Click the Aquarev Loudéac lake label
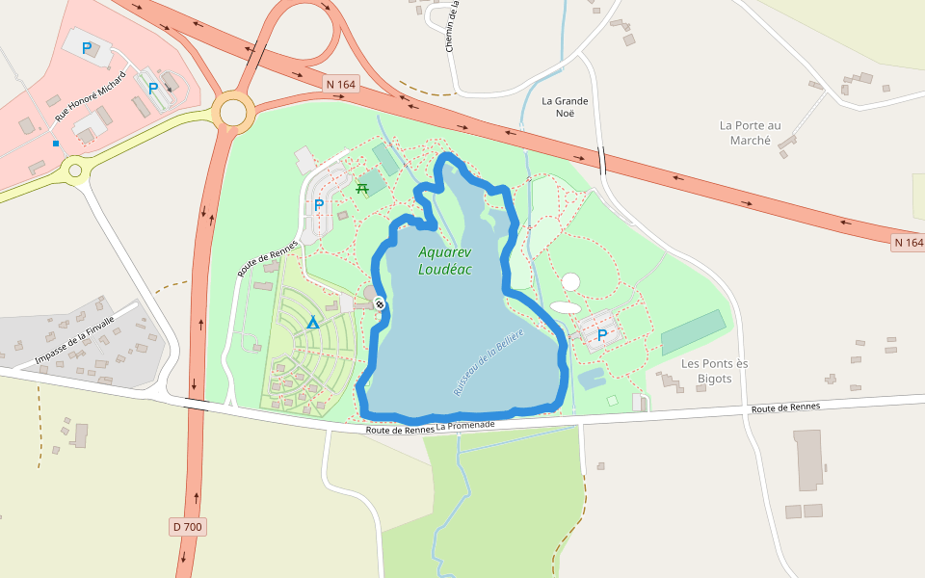[445, 261]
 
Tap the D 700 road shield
[189, 527]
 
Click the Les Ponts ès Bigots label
[714, 371]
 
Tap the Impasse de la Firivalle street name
[74, 340]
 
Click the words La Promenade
[465, 425]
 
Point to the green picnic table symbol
[362, 188]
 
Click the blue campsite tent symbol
[313, 322]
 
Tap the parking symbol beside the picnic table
[319, 204]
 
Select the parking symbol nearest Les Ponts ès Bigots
[602, 335]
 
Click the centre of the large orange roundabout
[233, 111]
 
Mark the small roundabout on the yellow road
[74, 171]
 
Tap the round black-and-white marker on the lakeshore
[380, 304]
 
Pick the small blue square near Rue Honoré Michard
[56, 144]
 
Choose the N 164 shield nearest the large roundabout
[341, 85]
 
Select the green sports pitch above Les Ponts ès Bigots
[693, 332]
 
